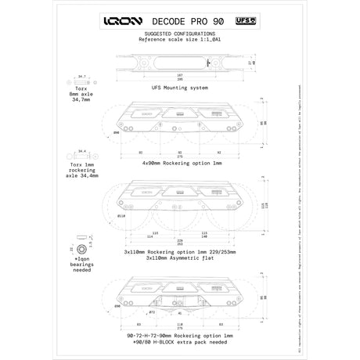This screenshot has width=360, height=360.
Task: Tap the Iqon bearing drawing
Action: (x=81, y=247)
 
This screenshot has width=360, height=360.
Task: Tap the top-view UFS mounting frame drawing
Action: (x=179, y=61)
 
